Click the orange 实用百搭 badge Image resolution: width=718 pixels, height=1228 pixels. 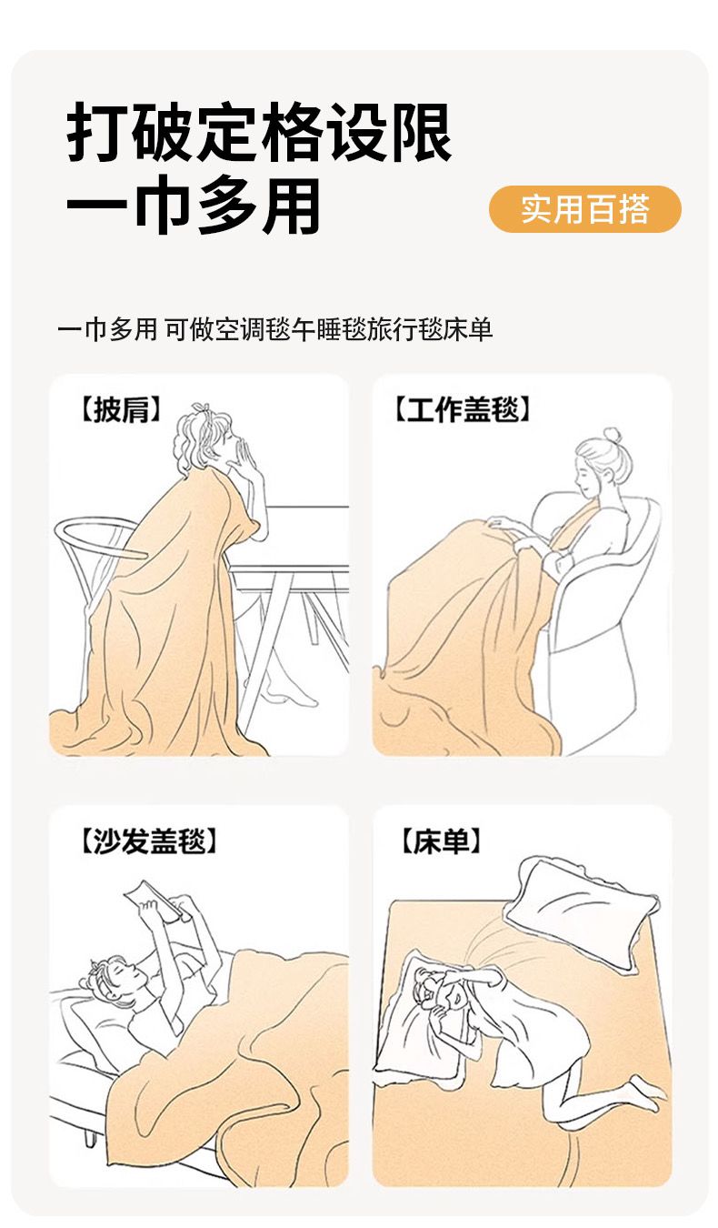(584, 209)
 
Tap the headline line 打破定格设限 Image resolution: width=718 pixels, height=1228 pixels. (259, 132)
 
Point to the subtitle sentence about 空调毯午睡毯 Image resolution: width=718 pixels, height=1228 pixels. (275, 330)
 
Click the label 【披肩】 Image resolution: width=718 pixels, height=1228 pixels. (121, 409)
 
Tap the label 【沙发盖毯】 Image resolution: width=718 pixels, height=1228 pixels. (149, 841)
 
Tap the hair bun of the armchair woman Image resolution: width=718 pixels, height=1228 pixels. (612, 437)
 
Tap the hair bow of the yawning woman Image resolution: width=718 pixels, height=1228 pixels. (201, 408)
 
